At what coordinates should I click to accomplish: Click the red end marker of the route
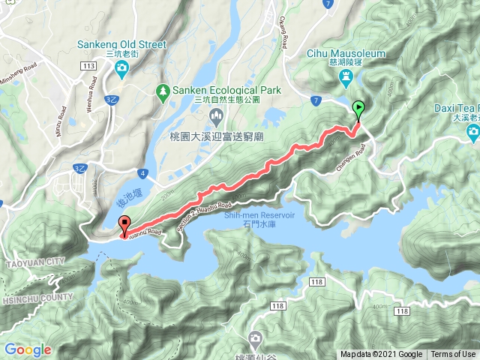pos(124,223)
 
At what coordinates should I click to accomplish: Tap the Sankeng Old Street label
pos(121,44)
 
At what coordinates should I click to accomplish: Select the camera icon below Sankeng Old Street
pos(121,70)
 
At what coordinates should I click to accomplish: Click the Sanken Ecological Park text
pos(227,90)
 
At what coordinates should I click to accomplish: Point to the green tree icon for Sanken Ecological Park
pos(163,91)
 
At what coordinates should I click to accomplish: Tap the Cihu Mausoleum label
pos(346,54)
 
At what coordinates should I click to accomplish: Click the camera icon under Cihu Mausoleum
pos(346,77)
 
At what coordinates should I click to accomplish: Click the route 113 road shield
pos(89,66)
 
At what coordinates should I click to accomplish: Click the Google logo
pos(28,349)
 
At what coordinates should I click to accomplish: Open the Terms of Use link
pos(453,355)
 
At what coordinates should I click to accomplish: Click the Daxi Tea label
pos(457,108)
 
